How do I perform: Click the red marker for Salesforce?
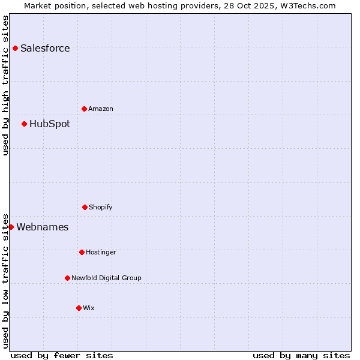(x=15, y=48)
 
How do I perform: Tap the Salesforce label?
(x=45, y=49)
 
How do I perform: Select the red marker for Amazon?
(x=84, y=109)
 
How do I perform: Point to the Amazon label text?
(x=101, y=109)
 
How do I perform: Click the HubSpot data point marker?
(x=24, y=124)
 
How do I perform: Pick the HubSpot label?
(x=50, y=124)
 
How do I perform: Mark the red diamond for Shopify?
(x=85, y=207)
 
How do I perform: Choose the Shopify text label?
(x=101, y=208)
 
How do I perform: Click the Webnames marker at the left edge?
(x=11, y=227)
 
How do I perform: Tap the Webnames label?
(x=43, y=227)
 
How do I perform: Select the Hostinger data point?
(x=82, y=252)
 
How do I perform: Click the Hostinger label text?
(x=101, y=253)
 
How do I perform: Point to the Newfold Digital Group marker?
(x=67, y=278)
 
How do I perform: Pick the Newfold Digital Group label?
(x=106, y=278)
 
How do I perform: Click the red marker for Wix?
(x=79, y=308)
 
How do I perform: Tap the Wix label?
(x=89, y=308)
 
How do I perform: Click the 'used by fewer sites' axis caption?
(x=62, y=355)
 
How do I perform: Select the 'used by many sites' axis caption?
(x=301, y=355)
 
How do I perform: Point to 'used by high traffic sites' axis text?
(x=5, y=85)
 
